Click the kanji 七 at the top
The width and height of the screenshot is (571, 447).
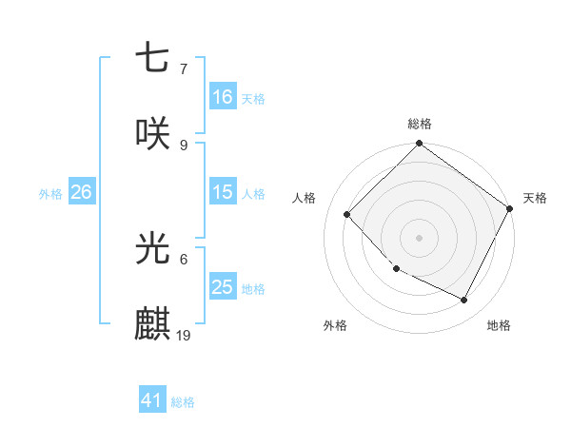pos(152,58)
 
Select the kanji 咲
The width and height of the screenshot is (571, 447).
pos(152,134)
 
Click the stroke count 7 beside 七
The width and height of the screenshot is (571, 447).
pos(183,68)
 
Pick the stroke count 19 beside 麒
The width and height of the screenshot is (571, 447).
pos(185,335)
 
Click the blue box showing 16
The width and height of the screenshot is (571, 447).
pos(223,97)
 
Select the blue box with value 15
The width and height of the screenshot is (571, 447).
pos(223,192)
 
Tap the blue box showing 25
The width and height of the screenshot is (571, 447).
pos(223,287)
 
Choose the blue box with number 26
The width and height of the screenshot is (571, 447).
pos(81,192)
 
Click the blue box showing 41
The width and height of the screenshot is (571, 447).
pos(152,400)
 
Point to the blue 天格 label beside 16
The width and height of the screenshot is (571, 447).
pos(253,98)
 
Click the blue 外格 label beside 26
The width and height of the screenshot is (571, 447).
pos(50,193)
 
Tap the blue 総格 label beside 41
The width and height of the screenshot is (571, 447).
pos(183,401)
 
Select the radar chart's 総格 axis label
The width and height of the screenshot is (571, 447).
pos(420,124)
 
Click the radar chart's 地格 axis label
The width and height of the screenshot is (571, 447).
pos(499,325)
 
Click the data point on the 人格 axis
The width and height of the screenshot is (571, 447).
pos(347,214)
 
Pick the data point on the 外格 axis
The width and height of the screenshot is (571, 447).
pos(397,268)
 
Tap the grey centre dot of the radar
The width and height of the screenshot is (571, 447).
pos(420,238)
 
